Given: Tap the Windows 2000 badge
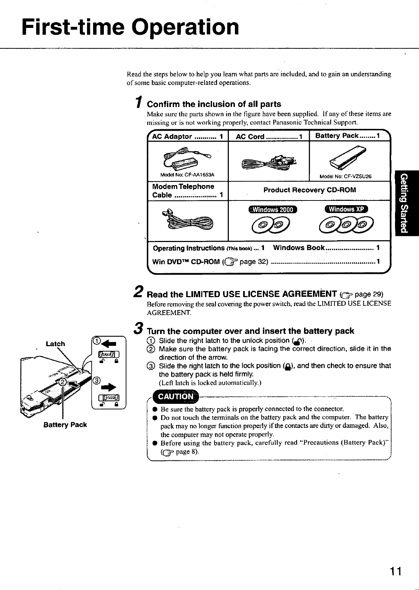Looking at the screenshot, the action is pyautogui.click(x=273, y=209).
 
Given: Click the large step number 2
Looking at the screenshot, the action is pyautogui.click(x=140, y=292).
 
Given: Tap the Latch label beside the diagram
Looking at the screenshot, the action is pyautogui.click(x=56, y=344).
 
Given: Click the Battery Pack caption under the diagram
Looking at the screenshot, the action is pyautogui.click(x=65, y=425).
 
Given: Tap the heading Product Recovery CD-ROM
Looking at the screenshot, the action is pyautogui.click(x=309, y=190).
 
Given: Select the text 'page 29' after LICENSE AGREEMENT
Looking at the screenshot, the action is pyautogui.click(x=369, y=294).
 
